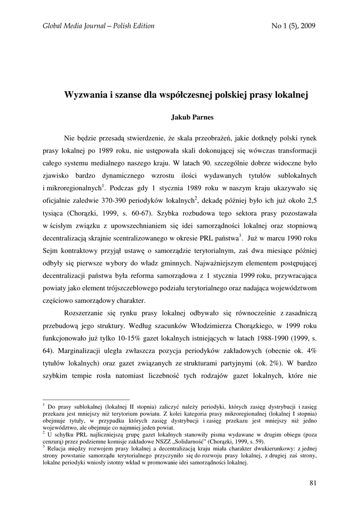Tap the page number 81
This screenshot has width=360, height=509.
313,482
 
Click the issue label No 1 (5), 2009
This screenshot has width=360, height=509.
294,26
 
